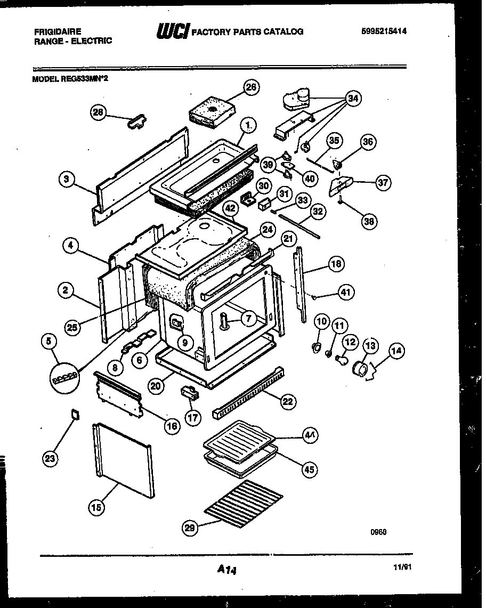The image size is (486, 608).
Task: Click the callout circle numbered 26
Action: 252,87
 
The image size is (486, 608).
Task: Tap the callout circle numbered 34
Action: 353,98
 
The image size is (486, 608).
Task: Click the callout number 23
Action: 51,458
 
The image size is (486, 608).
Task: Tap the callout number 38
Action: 368,221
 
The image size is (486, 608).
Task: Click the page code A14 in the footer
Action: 226,570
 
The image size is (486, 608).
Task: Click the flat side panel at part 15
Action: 123,458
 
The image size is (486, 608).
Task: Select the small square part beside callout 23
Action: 75,412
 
